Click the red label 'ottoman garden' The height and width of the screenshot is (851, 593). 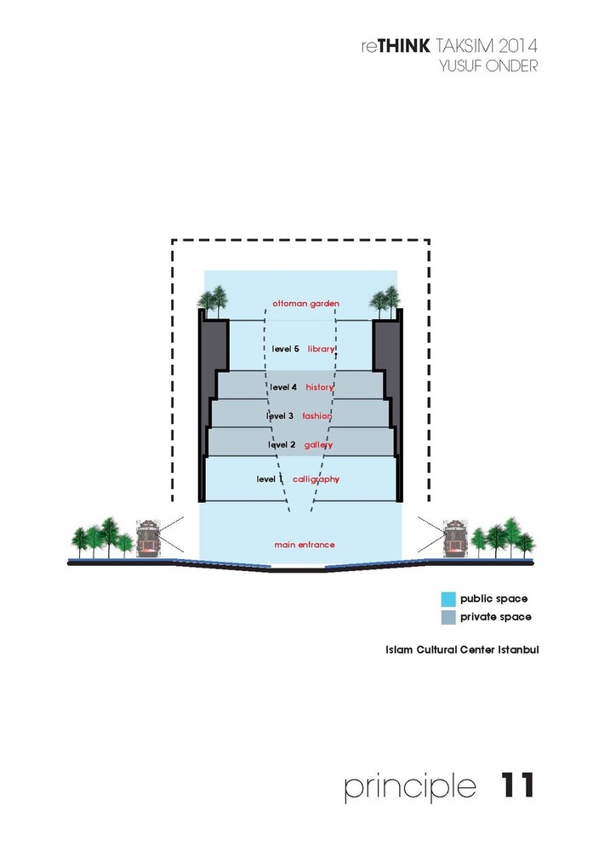[x=305, y=304]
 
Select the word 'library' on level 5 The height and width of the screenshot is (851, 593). [x=322, y=349]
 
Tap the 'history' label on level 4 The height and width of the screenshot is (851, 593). [x=319, y=387]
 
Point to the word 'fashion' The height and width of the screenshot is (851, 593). [x=316, y=416]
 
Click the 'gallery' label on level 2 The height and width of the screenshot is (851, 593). [x=318, y=445]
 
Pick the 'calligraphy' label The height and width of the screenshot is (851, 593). [x=316, y=479]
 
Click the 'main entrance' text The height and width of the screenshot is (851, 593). [x=305, y=545]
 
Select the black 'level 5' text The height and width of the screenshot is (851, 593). [x=285, y=349]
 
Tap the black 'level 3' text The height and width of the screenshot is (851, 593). [x=280, y=416]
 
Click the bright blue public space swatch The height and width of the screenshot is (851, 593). [x=448, y=599]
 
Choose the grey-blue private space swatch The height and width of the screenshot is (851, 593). [x=448, y=618]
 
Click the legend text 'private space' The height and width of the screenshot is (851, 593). [x=495, y=617]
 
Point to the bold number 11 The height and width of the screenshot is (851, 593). [x=516, y=785]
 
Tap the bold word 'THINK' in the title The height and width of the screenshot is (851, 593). [x=403, y=46]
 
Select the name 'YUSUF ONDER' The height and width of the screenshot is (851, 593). [x=488, y=66]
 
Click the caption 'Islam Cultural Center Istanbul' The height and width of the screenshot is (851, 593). [x=462, y=649]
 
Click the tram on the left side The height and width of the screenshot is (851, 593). [x=147, y=539]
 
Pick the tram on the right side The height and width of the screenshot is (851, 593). [x=455, y=539]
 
